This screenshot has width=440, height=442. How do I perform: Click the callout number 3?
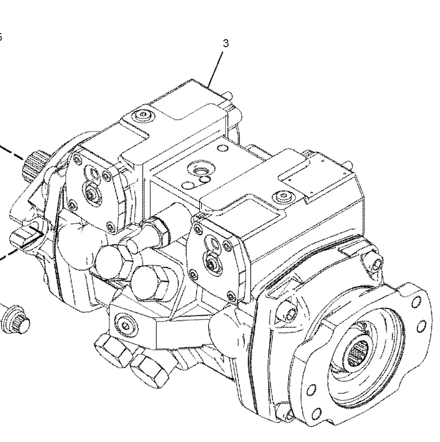tap(226, 43)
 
